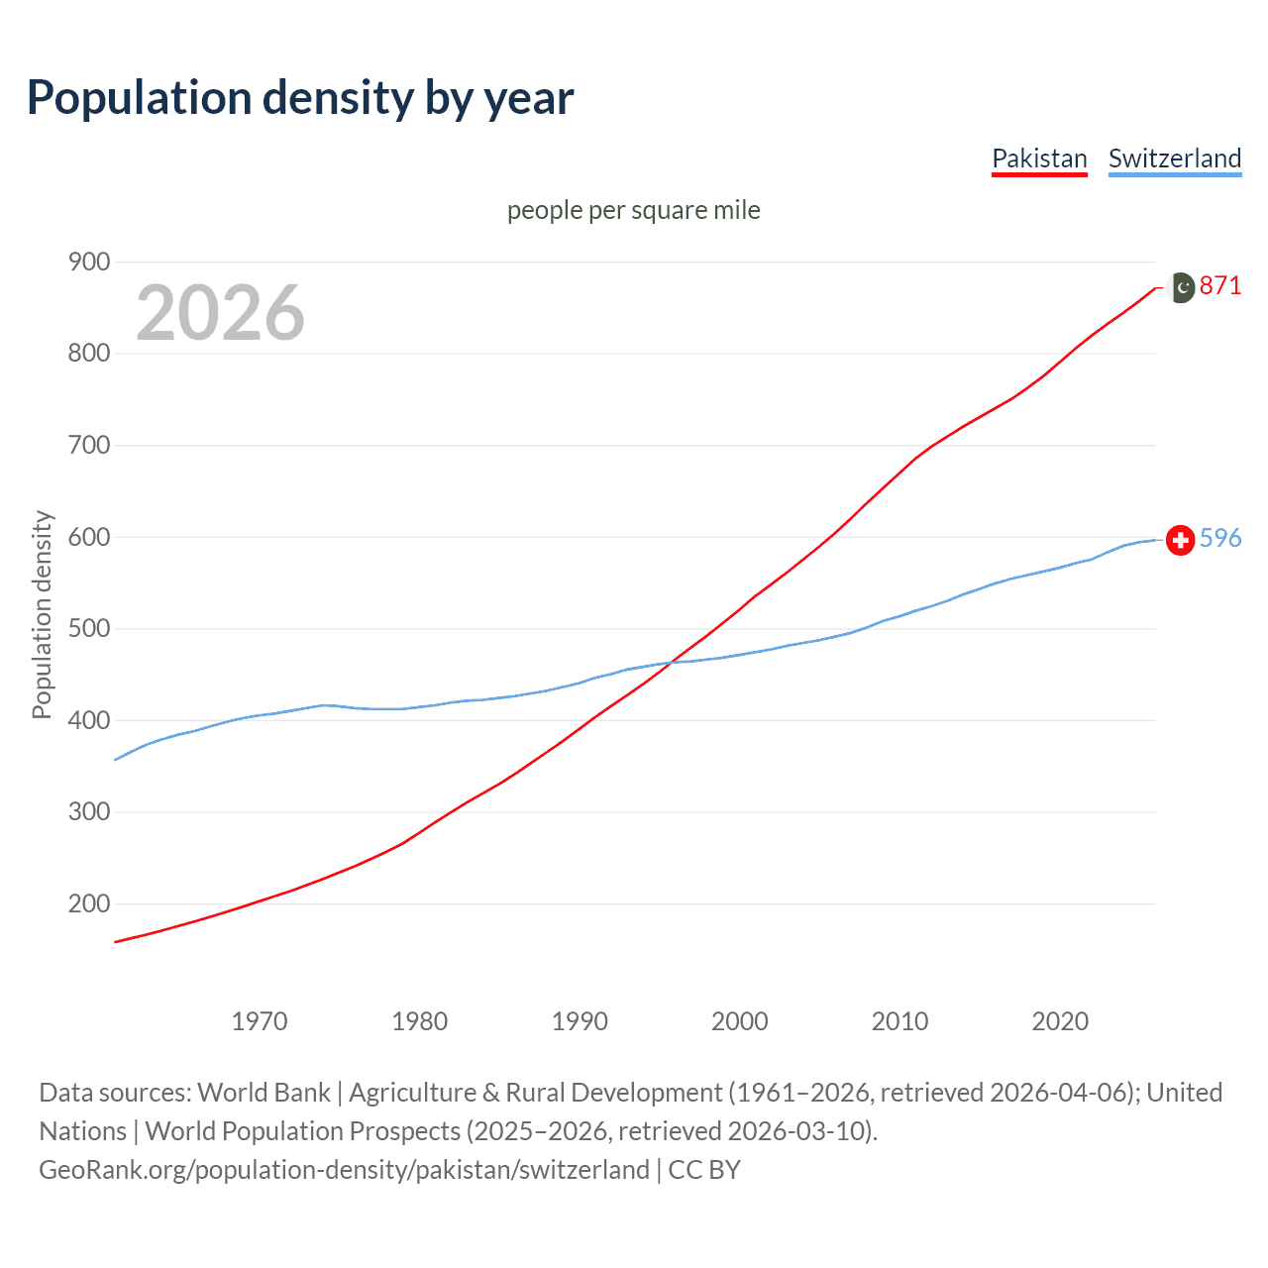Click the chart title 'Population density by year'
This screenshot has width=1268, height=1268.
300,98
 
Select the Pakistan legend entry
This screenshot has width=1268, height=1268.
1039,158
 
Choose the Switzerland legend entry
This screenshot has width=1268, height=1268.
1174,158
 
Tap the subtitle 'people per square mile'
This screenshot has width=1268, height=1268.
633,210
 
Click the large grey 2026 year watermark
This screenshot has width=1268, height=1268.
220,313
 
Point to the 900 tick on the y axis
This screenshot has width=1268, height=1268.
88,262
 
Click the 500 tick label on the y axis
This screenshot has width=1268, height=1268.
88,628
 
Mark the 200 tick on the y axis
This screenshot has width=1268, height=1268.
88,903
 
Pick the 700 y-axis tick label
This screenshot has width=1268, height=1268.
88,445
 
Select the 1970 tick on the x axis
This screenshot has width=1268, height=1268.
260,1020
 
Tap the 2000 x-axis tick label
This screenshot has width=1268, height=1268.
740,1020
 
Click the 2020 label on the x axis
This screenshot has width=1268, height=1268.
1060,1020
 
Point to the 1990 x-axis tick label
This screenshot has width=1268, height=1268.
580,1020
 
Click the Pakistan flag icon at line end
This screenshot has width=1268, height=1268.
1181,287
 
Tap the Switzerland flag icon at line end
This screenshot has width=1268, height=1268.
1180,540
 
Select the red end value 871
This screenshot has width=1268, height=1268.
1220,286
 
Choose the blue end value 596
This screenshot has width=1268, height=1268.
1220,538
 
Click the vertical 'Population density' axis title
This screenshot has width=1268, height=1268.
42,614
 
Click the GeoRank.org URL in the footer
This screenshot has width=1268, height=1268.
344,1170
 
